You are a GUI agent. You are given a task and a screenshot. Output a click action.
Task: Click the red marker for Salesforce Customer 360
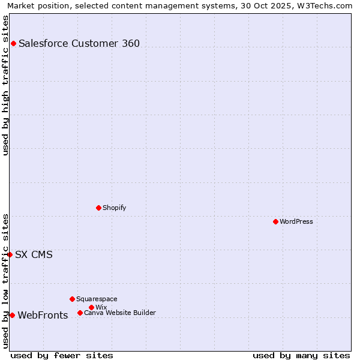point(13,43)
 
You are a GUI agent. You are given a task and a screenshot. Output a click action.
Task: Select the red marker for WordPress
point(275,221)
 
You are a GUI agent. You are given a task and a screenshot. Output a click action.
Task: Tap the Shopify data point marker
point(98,208)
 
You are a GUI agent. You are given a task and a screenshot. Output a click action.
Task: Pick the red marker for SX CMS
point(10,254)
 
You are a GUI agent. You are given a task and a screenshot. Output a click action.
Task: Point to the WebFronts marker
point(12,315)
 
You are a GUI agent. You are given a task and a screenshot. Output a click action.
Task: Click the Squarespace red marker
point(72,299)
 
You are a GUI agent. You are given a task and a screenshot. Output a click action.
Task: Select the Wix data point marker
point(91,307)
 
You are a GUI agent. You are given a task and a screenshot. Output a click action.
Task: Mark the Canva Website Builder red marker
point(80,313)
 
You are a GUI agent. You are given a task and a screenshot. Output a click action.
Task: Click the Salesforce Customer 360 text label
point(79,43)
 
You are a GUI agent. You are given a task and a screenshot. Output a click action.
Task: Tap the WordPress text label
point(296,221)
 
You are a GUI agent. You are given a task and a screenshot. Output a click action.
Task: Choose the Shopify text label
point(114,208)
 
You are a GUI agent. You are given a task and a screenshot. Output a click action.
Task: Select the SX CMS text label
point(34,254)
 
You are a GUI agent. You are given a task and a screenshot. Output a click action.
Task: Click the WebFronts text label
point(43,315)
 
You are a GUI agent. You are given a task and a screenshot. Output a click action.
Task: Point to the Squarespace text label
point(97,299)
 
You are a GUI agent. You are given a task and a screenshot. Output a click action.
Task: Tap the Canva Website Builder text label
point(120,313)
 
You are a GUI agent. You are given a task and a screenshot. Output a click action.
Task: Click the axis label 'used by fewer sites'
point(62,355)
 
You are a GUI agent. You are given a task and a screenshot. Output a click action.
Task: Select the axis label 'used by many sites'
point(301,355)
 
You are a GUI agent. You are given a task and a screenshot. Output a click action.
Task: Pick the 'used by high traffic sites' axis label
point(5,85)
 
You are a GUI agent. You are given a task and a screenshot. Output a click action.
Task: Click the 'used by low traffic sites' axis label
point(5,281)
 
